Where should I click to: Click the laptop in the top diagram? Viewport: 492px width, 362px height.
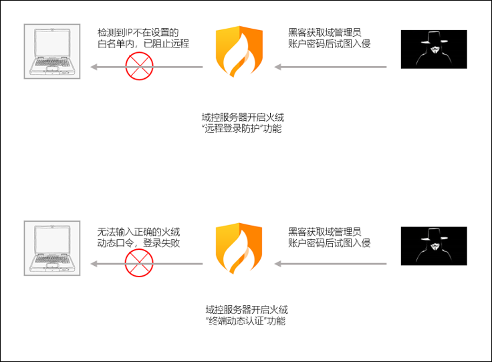tap(51, 52)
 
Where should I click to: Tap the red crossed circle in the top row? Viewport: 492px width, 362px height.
tap(140, 67)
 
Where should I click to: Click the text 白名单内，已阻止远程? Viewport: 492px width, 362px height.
tap(143, 44)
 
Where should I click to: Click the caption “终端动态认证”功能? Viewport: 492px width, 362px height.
tap(245, 321)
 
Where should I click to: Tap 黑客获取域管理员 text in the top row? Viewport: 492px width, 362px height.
tap(325, 32)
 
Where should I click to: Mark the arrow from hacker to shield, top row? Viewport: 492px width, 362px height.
tap(331, 67)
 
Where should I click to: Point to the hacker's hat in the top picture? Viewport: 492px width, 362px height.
tap(430, 37)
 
